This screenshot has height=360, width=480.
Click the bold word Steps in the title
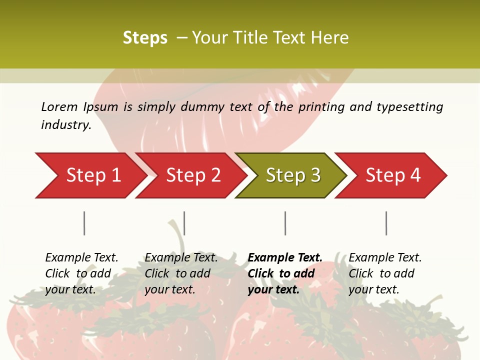tap(145, 38)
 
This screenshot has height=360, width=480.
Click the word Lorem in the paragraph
tap(59, 106)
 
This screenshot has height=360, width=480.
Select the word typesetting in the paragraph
tap(409, 107)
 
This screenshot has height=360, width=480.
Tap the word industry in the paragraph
tap(65, 125)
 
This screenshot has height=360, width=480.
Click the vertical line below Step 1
tap(84, 223)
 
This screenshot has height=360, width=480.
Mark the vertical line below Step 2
tap(184, 223)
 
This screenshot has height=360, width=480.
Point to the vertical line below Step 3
tap(285, 223)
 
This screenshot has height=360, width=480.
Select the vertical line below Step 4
tap(386, 223)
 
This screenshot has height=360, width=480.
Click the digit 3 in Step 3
tap(315, 175)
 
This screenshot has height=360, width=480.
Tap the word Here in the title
tap(330, 38)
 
